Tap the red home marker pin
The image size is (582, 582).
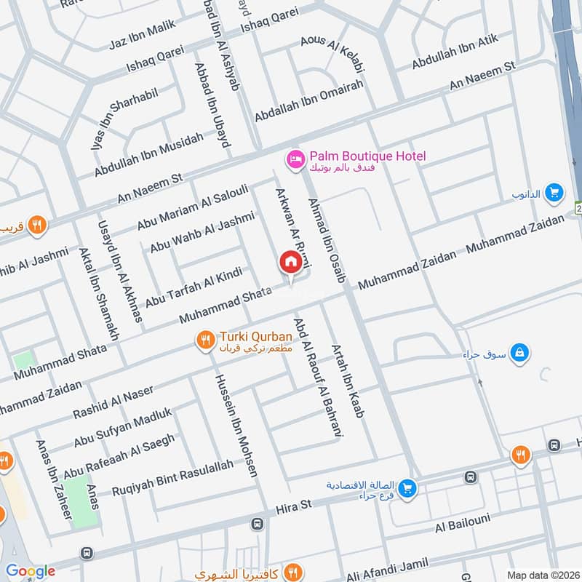[x=291, y=263]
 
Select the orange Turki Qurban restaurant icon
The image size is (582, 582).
[x=206, y=339]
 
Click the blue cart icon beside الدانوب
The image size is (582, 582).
[x=554, y=193]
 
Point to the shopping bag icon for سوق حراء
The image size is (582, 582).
[x=519, y=353]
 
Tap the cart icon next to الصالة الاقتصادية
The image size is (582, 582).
[x=407, y=488]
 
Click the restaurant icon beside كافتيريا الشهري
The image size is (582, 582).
[x=293, y=571]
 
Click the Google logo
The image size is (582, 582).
[x=31, y=571]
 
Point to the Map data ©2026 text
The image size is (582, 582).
[x=543, y=575]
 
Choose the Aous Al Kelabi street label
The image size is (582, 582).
[x=332, y=55]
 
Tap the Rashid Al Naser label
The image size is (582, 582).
[x=113, y=402]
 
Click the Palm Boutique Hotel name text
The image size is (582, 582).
[x=367, y=156]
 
